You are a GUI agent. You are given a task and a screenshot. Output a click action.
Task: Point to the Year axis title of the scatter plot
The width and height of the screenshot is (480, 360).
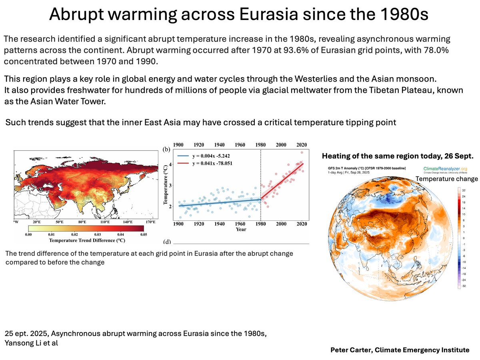241,230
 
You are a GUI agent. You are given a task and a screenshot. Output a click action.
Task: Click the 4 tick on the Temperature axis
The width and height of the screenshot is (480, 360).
170,164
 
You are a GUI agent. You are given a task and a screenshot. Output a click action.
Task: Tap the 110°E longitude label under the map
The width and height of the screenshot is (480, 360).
105,222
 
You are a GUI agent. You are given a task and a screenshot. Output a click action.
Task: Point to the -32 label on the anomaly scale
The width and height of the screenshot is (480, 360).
464,286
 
